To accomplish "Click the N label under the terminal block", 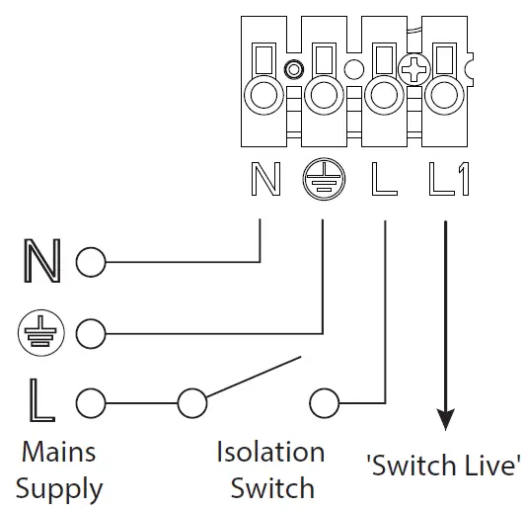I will [x=266, y=181].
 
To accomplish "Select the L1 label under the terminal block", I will [x=450, y=181].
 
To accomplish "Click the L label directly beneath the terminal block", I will [x=383, y=181].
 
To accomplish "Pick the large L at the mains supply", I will [x=39, y=402].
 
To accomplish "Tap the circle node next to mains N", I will [x=90, y=263].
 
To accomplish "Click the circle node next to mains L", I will [x=90, y=403].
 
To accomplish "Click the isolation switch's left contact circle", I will [x=191, y=403].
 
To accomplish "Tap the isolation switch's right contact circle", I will [x=325, y=403].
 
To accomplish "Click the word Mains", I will [x=60, y=452].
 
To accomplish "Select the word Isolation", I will [x=270, y=453].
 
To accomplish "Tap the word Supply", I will [x=59, y=488].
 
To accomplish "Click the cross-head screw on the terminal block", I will [x=412, y=70].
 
